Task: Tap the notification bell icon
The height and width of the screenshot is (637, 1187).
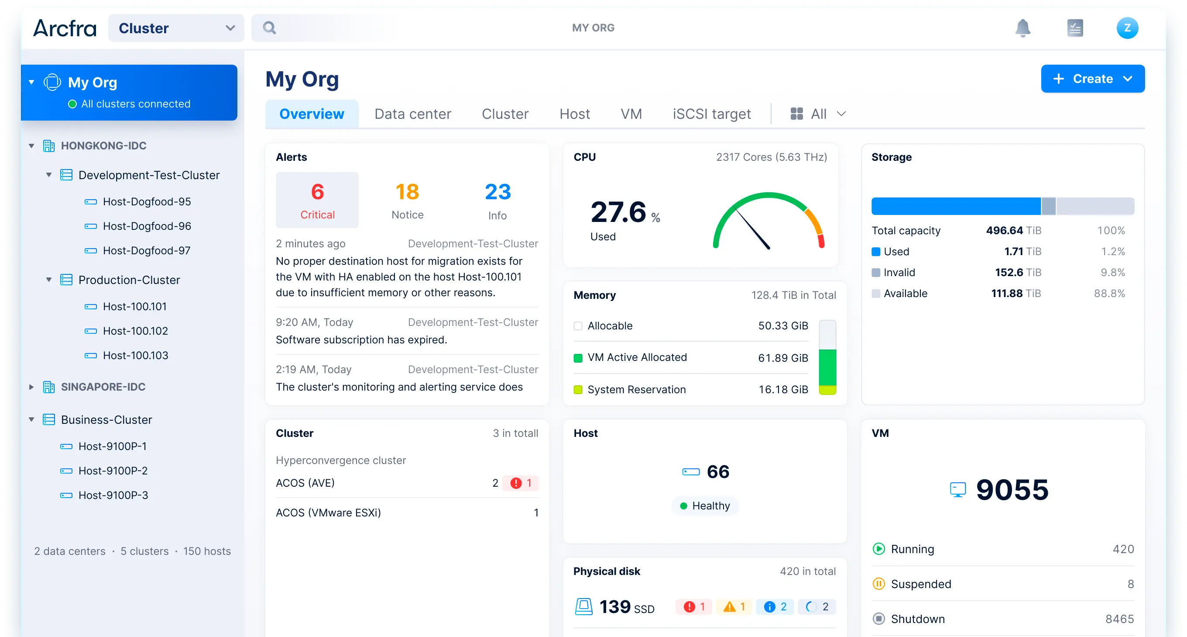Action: click(1022, 28)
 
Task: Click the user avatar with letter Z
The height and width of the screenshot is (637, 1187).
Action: click(1127, 28)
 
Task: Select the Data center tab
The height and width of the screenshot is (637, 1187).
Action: click(412, 114)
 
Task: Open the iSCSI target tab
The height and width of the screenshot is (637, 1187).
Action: click(711, 114)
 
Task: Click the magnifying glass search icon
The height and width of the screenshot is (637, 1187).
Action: click(270, 28)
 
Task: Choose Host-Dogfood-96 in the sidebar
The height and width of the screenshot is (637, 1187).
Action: click(147, 226)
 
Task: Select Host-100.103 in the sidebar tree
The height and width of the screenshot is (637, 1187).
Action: click(135, 355)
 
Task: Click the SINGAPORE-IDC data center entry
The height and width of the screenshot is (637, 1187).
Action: click(103, 387)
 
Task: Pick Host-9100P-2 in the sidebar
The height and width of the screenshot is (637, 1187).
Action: click(113, 471)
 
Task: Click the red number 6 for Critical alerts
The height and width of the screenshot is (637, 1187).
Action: click(317, 192)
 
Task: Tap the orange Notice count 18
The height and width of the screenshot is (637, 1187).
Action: click(407, 192)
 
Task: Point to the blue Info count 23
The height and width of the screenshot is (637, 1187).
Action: click(497, 192)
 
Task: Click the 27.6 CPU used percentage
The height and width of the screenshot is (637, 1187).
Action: click(618, 213)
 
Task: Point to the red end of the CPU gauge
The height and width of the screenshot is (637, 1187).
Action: click(821, 241)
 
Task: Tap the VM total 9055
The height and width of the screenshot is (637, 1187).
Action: click(1012, 490)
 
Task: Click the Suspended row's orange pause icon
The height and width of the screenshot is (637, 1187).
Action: click(878, 584)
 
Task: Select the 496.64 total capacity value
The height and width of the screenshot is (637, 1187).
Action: click(1004, 231)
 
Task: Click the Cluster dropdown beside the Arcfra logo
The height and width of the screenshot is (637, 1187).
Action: click(176, 28)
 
